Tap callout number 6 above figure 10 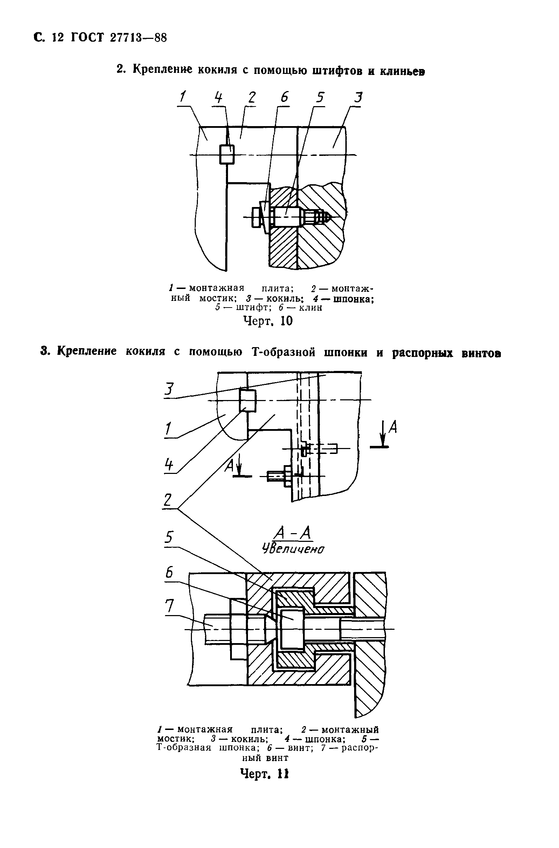[284, 97]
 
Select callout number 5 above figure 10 [320, 97]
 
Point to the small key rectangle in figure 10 [227, 154]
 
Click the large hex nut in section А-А [238, 628]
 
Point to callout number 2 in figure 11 [167, 500]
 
